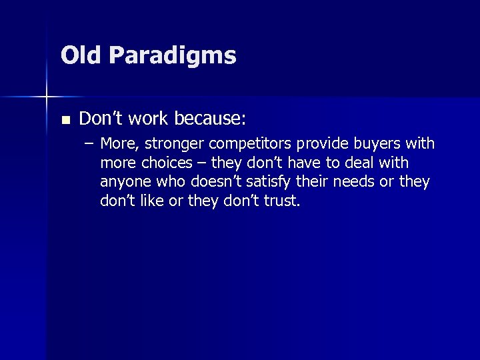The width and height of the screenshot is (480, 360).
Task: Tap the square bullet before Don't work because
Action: point(65,121)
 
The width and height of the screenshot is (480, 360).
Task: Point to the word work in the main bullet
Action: point(148,119)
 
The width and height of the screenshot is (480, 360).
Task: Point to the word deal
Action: point(364,163)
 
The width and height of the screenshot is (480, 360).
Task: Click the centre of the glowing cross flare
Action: point(47,97)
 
